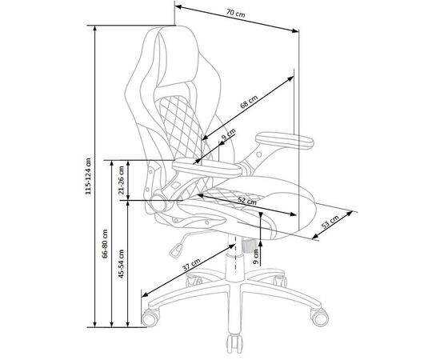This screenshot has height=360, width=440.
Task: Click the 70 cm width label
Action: (236, 13)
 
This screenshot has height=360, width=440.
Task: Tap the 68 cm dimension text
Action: (249, 102)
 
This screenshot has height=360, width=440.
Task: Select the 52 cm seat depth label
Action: (247, 201)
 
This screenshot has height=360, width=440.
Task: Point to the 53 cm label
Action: (330, 222)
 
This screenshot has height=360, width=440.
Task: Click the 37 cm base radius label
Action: (191, 264)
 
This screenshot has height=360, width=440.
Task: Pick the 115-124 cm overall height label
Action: (88, 176)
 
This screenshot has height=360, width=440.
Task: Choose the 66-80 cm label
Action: (105, 243)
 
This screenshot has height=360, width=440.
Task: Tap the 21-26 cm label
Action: (121, 180)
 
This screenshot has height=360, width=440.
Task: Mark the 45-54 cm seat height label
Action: (121, 263)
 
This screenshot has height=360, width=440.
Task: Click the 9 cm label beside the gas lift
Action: (256, 257)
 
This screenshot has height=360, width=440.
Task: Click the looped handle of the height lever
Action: (176, 250)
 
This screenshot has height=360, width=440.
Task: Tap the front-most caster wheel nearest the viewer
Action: (234, 344)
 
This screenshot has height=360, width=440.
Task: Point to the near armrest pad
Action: (206, 168)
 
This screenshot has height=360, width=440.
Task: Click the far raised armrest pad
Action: (284, 141)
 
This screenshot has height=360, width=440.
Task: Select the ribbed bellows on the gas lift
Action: (248, 246)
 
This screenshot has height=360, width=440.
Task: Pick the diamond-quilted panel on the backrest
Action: (182, 126)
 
